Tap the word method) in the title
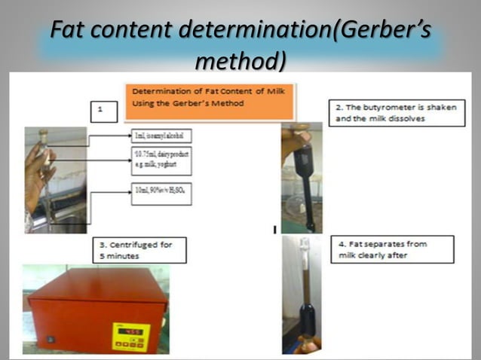coord(240,59)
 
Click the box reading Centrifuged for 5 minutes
coord(140,250)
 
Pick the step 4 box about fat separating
coord(392,249)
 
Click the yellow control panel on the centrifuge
coord(131,337)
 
